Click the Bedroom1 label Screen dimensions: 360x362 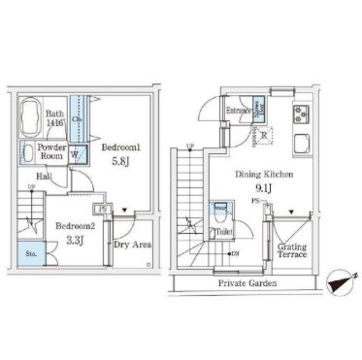123,147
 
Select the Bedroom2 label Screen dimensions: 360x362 75,225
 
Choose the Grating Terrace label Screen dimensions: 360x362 293,253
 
